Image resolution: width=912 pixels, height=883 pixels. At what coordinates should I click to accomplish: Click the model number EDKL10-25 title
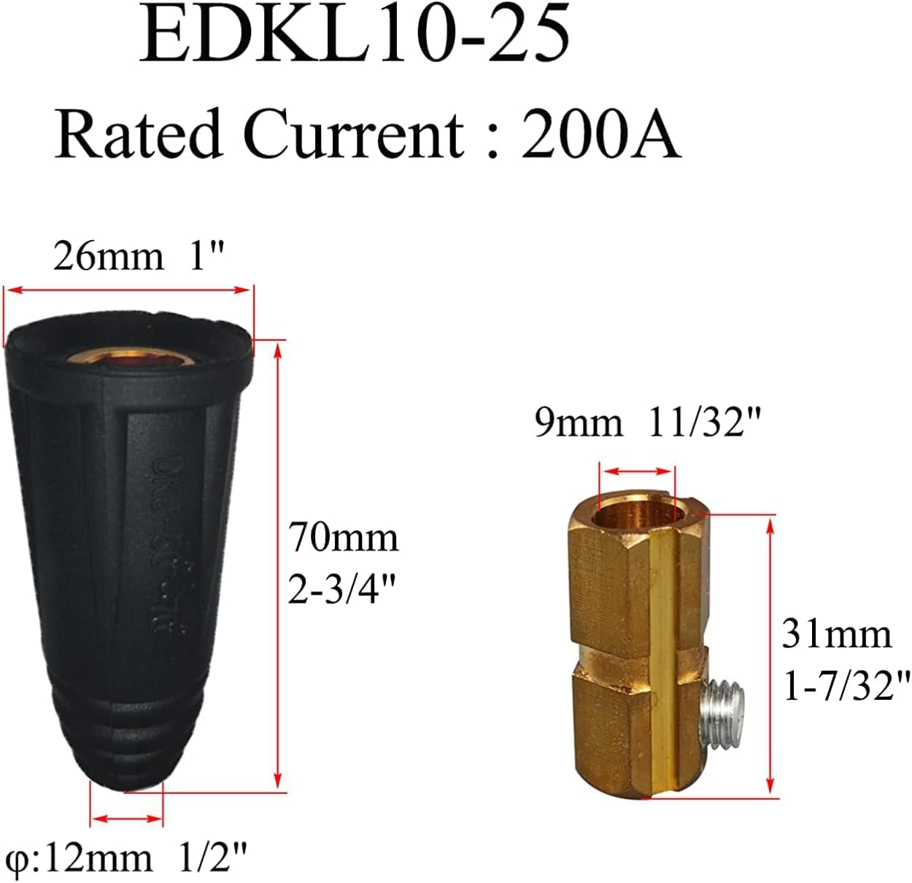point(355,35)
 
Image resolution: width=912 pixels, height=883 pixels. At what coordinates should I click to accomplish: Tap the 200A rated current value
point(600,134)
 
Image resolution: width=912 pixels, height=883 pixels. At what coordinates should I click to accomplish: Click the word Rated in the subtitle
point(138,134)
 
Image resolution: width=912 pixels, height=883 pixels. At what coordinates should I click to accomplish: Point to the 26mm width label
point(108,257)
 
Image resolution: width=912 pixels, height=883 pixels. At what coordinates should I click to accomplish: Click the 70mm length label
point(343,538)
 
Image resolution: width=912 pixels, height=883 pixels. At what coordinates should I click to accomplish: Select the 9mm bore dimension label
point(579,423)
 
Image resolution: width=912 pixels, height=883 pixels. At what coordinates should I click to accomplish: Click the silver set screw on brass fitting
point(722,712)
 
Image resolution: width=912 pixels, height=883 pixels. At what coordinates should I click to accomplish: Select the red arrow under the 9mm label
point(635,471)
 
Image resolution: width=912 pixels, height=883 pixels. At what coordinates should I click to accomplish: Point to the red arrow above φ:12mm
point(126,819)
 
